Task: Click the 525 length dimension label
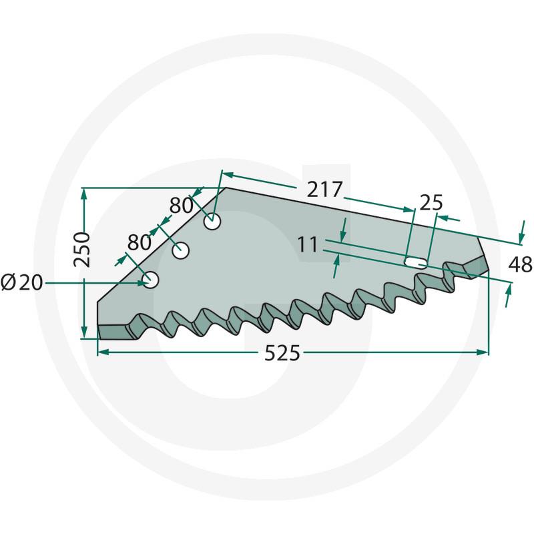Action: [282, 353]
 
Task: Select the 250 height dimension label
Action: [82, 250]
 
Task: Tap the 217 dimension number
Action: [324, 190]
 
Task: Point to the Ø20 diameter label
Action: [22, 282]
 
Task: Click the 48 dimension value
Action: [520, 264]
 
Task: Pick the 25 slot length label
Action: [431, 203]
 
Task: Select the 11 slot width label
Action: [308, 244]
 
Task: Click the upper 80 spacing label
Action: [181, 206]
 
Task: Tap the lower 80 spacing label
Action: [140, 242]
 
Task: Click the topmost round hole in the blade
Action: [212, 222]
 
